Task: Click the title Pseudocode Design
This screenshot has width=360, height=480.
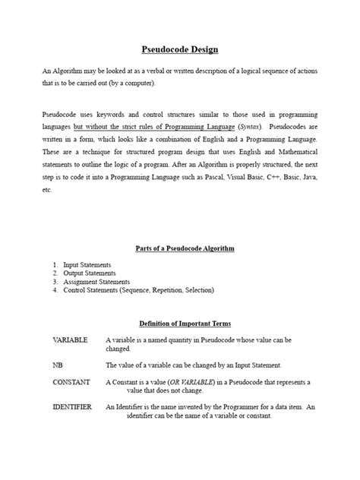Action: point(180,49)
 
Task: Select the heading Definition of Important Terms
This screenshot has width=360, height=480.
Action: point(180,323)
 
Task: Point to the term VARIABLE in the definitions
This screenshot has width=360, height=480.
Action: point(70,339)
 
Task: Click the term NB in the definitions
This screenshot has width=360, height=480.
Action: point(58,365)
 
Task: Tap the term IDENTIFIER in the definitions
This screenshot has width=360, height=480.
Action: point(72,407)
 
